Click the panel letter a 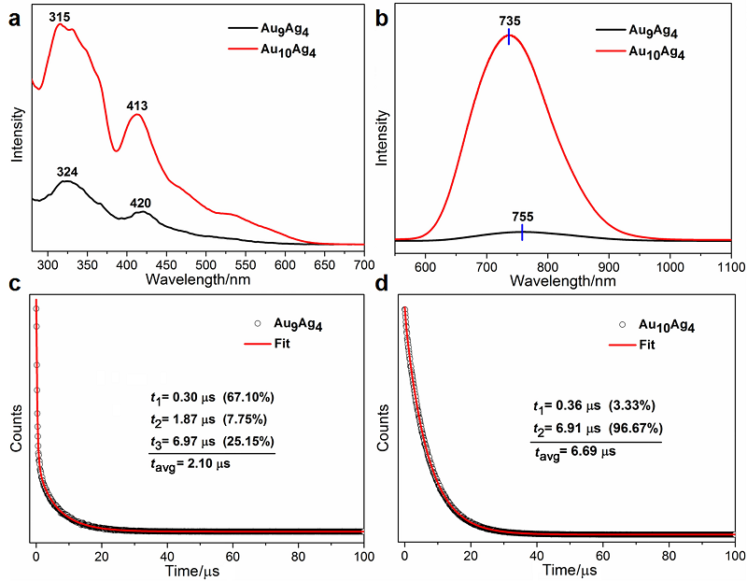16,16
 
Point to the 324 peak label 66,171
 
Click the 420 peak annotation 141,203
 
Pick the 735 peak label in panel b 509,19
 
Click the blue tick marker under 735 509,36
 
